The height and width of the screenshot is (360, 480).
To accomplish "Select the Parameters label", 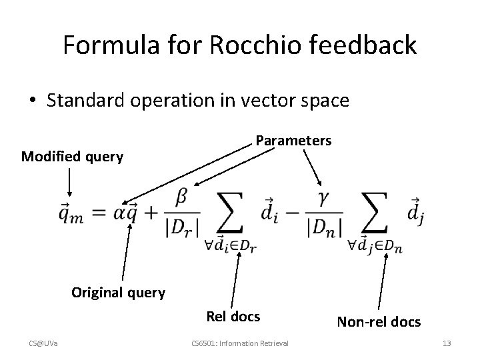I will coord(293,141).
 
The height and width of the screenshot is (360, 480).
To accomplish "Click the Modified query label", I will coord(72,157).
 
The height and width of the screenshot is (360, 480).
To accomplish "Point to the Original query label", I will coord(118,293).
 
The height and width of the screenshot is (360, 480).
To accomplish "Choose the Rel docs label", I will coord(233,316).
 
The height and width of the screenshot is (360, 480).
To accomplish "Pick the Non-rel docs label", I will coord(379,322).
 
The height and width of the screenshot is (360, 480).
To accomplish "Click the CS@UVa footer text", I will coord(44,343).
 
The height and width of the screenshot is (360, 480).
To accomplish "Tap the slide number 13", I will coord(447,343).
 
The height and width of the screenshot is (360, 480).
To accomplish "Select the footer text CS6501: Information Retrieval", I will coord(239,343).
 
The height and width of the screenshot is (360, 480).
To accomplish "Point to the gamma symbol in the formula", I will coord(325,198).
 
